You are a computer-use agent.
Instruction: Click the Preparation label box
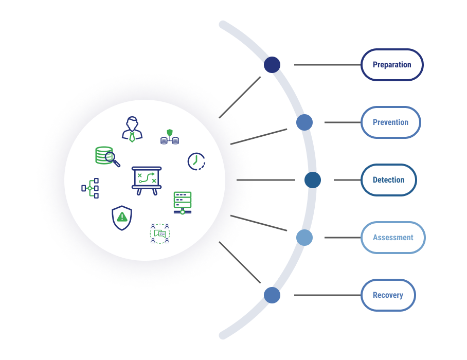(x=392, y=65)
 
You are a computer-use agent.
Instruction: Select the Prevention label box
(x=391, y=122)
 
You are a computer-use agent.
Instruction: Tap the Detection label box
(x=388, y=180)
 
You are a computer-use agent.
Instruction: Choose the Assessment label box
(x=393, y=238)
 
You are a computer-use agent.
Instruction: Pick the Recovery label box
(x=388, y=295)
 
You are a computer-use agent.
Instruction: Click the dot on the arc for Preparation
(x=272, y=65)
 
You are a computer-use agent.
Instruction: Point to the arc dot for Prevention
(x=304, y=122)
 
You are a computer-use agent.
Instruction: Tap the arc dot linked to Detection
(x=313, y=180)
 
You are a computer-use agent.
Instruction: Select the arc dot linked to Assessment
(x=304, y=238)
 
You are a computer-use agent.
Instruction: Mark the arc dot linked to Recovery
(x=272, y=295)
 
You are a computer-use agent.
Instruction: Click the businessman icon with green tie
(x=132, y=129)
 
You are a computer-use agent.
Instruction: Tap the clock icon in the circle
(x=196, y=161)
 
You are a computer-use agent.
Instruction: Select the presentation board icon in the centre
(x=147, y=179)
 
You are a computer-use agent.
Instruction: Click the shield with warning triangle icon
(x=122, y=218)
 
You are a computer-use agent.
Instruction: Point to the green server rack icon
(x=183, y=203)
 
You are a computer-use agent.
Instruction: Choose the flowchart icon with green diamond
(x=91, y=188)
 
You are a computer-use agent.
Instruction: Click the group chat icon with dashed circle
(x=160, y=233)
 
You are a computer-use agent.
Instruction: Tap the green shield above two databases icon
(x=170, y=137)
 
